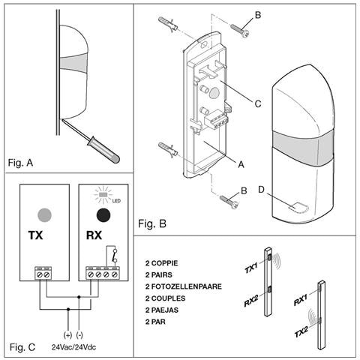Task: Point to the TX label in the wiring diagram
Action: [35, 235]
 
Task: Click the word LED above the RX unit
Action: [118, 199]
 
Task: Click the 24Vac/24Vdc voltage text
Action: [74, 347]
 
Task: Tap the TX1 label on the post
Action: [253, 268]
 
